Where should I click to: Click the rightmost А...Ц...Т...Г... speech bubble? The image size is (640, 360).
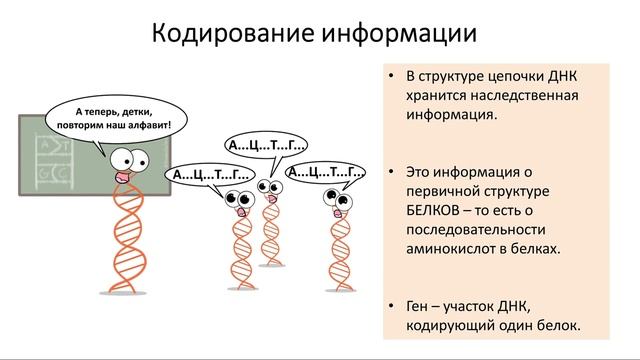326,171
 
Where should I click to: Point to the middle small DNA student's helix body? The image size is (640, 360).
270,235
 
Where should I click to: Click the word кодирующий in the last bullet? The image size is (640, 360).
447,325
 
